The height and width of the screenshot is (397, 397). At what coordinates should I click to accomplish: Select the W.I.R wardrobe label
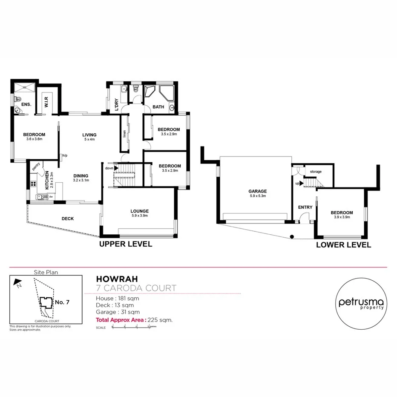46,102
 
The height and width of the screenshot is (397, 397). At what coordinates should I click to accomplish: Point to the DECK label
67,219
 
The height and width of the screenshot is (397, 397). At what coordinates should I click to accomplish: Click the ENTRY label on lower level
305,207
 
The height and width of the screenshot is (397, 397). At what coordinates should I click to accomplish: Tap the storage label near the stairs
316,172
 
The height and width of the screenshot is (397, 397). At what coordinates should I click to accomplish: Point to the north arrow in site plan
17,282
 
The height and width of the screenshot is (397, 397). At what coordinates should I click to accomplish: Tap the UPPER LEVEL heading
126,244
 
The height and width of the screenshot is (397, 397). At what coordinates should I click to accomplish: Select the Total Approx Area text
121,319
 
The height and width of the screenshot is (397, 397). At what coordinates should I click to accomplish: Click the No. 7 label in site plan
62,302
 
